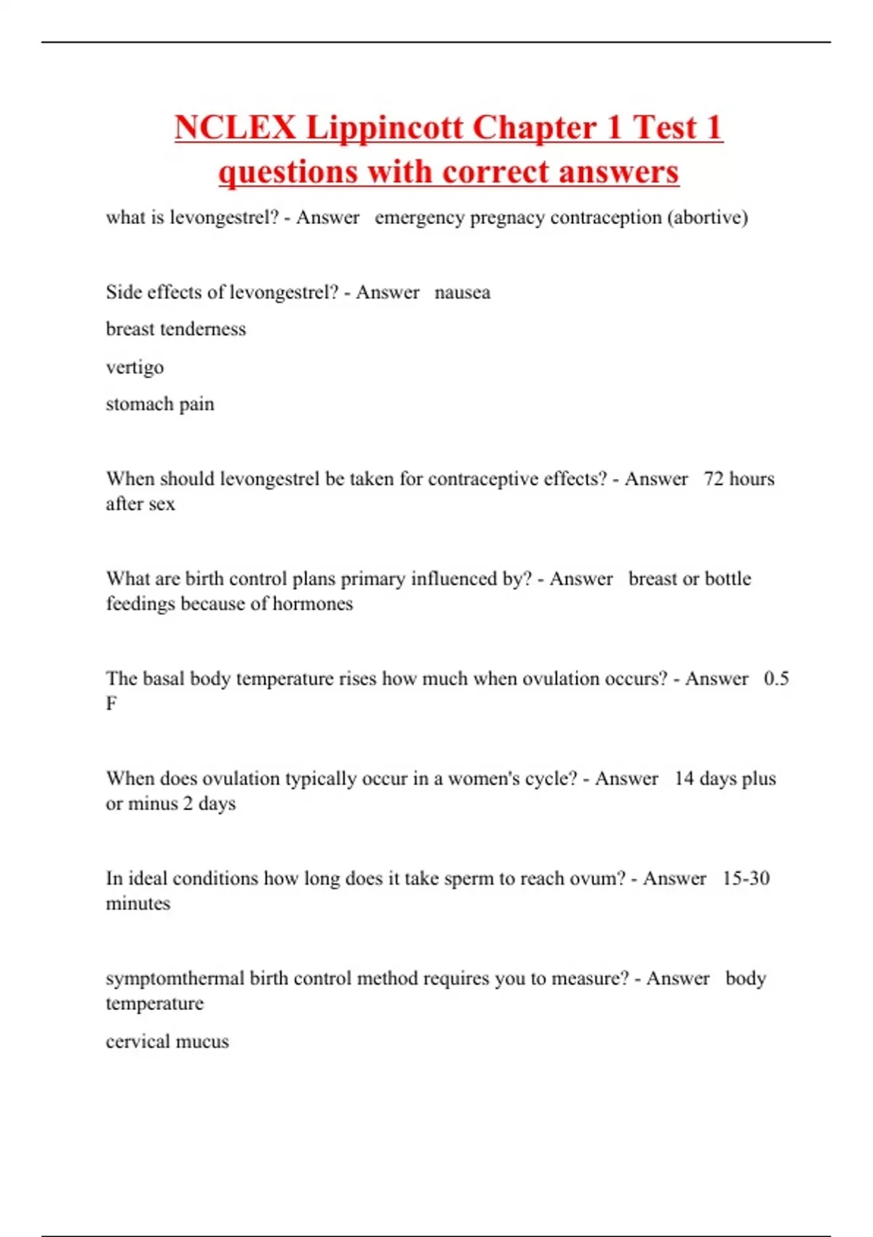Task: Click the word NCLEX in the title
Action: point(236,128)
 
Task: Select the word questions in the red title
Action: point(288,172)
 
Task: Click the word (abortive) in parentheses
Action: point(707,218)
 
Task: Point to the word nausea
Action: point(462,293)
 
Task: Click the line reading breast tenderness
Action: point(176,330)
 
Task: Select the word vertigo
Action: point(135,367)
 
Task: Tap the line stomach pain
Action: point(160,405)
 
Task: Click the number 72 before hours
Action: point(714,479)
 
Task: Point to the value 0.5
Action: point(776,678)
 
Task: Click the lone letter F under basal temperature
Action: point(111,704)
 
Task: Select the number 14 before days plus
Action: point(684,779)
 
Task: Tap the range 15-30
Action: point(746,878)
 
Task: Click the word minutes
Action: point(138,904)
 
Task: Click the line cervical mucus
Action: point(167,1042)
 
